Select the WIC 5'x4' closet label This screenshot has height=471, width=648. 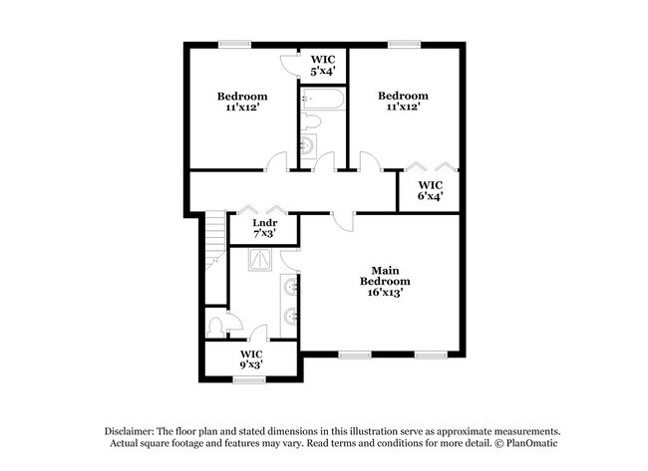click(x=323, y=65)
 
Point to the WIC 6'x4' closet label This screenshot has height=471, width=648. click(x=430, y=190)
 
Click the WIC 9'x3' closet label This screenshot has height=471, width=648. click(x=251, y=359)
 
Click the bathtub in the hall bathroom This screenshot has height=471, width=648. click(x=323, y=100)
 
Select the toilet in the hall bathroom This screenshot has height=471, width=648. click(x=311, y=123)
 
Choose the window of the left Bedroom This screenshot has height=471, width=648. click(x=235, y=43)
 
